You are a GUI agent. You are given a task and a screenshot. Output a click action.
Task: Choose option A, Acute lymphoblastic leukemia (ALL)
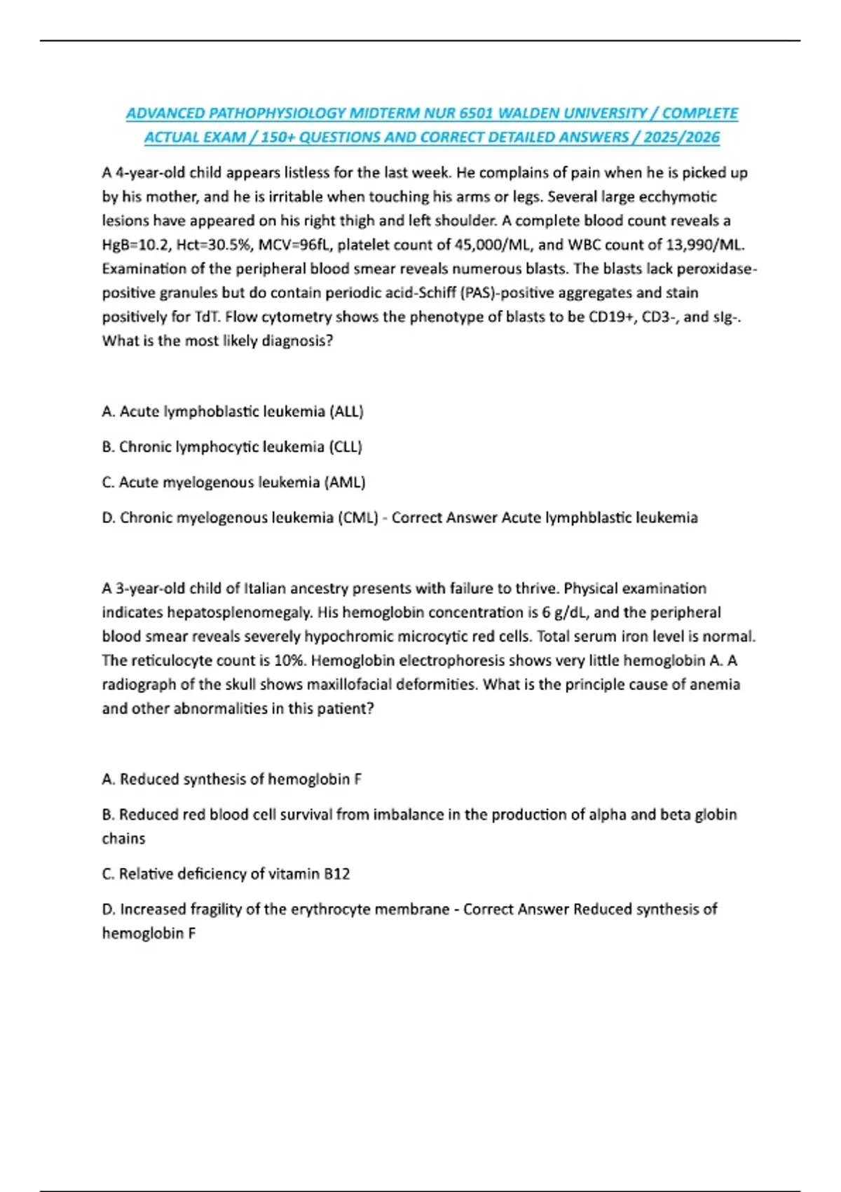click(233, 412)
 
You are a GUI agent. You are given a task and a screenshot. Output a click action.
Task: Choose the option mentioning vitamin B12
click(226, 874)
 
